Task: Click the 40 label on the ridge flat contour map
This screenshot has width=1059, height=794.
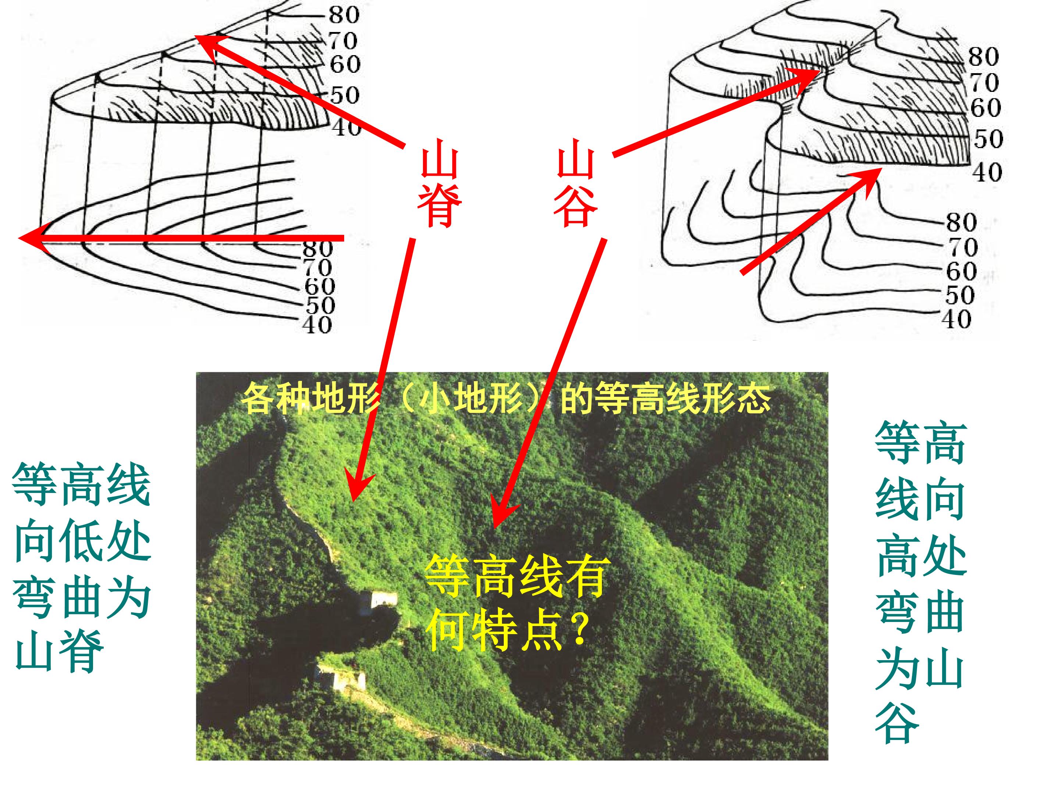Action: (x=317, y=325)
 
